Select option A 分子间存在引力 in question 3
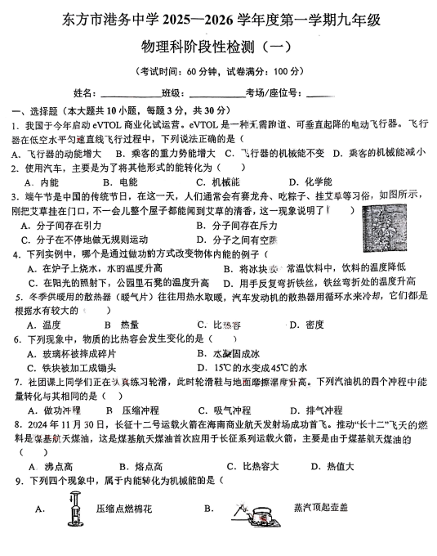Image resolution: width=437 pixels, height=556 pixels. [x=74, y=225]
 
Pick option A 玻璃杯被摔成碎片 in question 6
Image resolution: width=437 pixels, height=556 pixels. [x=78, y=353]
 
